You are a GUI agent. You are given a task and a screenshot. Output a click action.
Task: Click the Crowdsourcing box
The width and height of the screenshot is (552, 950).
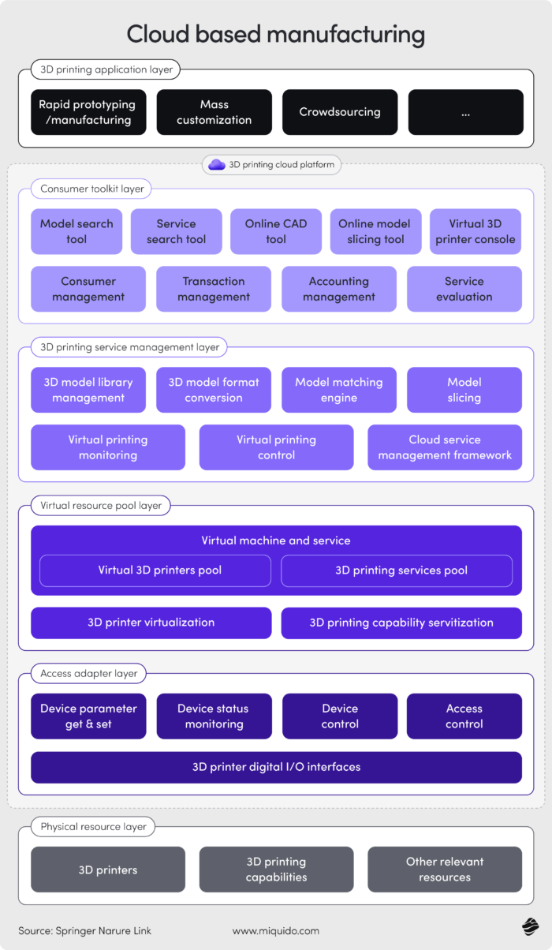point(339,112)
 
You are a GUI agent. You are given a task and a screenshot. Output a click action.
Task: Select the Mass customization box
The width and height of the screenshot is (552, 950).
point(214,112)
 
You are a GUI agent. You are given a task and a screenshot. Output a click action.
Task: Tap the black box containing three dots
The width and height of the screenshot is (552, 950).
point(465,112)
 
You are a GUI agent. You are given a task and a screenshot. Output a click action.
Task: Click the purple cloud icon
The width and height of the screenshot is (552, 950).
point(217,165)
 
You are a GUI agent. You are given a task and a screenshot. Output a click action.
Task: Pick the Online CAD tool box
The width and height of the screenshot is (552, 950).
point(276,231)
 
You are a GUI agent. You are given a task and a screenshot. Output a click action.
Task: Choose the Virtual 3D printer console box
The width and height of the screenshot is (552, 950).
point(476,231)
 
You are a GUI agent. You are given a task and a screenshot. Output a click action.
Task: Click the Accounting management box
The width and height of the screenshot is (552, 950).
point(339,289)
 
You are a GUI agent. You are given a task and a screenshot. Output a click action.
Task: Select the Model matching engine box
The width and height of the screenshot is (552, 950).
point(339,390)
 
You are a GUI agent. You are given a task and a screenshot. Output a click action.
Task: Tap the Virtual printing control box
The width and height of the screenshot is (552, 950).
point(276,447)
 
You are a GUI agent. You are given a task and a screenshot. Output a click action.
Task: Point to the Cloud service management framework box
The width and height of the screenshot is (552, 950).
point(445,447)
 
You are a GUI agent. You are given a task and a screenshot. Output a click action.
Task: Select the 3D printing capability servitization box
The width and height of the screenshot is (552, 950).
point(401,623)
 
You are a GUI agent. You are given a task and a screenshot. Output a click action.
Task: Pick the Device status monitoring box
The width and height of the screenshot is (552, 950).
point(213,716)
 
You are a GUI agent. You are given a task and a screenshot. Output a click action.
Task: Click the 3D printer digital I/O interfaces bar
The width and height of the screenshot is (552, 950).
point(276,767)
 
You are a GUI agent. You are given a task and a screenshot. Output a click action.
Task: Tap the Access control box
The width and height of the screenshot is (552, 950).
point(464,716)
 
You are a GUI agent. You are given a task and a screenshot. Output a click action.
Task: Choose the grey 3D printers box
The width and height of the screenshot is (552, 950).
point(108,870)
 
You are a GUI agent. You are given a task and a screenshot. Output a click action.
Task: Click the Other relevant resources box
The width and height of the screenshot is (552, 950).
point(445,870)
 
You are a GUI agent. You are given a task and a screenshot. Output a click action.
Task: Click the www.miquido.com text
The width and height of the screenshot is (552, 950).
point(276,931)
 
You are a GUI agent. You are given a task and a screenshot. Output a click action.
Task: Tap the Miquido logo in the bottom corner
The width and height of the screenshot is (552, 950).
point(529,928)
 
